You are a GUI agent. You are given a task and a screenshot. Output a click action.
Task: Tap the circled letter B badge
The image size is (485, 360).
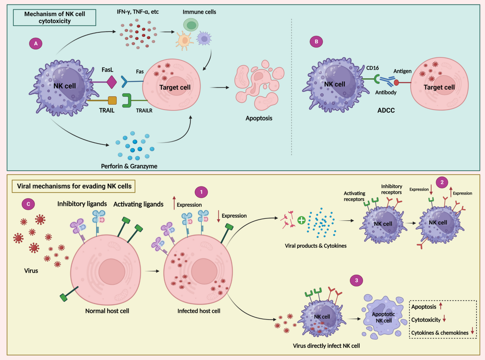pos(316,42)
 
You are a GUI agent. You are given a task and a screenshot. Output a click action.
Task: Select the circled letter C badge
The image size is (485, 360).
pos(28,205)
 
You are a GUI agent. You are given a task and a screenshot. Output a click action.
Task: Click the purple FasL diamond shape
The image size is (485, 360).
pos(112,83)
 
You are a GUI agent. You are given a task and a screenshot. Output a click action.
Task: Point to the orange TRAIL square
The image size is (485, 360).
pos(112,100)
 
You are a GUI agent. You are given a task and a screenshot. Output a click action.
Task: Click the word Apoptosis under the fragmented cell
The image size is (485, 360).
pos(259,119)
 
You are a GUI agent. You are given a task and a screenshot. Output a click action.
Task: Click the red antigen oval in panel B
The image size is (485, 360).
pos(396,83)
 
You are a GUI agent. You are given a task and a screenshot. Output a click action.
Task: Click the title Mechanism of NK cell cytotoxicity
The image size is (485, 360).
pos(55,18)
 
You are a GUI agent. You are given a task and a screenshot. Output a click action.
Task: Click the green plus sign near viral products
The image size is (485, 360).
pos(301,221)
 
